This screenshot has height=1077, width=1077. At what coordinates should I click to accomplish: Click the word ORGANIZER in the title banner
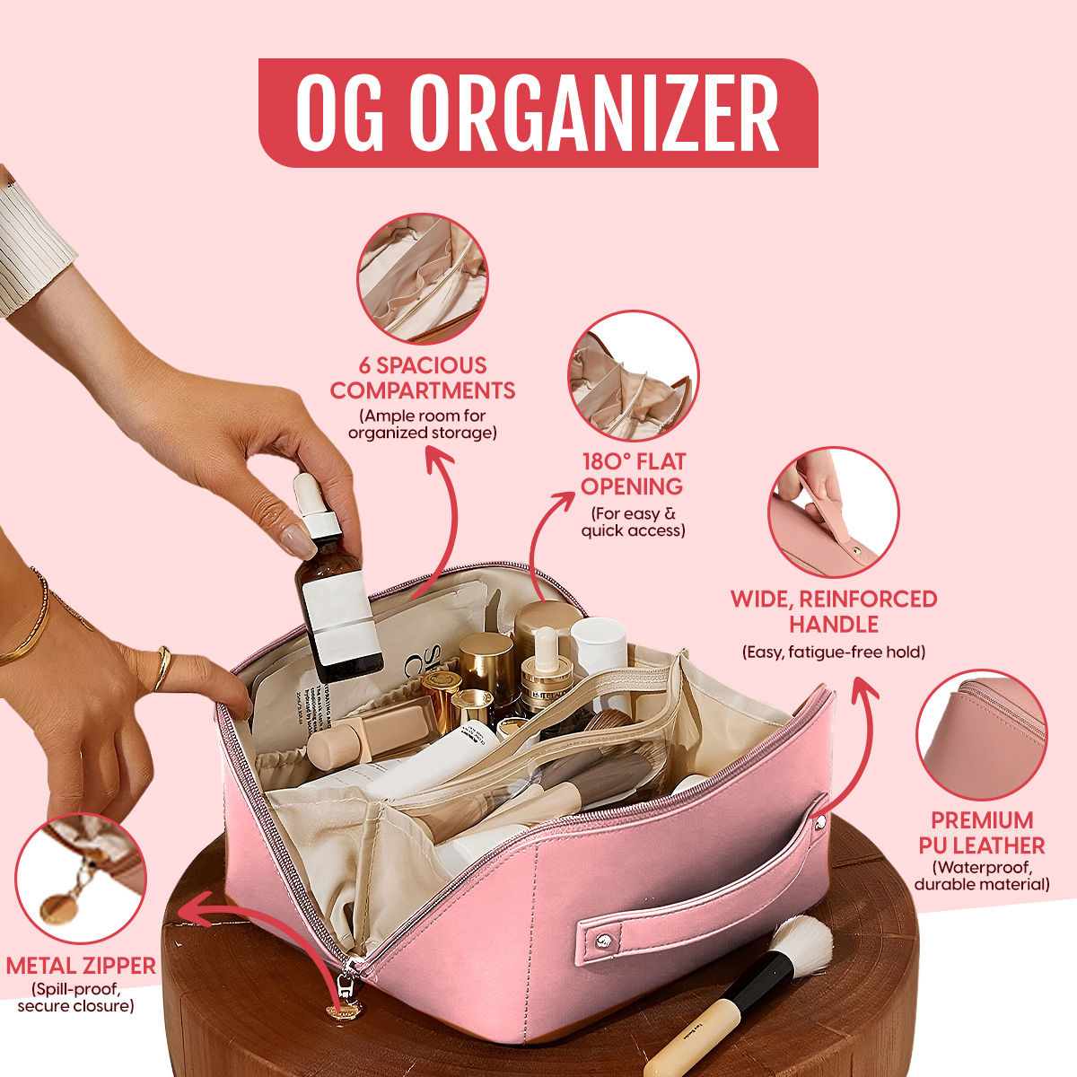pos(597,113)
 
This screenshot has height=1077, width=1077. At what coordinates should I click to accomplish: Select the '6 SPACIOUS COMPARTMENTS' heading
pos(422,378)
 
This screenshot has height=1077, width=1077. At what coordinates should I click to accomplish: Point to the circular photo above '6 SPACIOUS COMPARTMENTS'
pos(423,277)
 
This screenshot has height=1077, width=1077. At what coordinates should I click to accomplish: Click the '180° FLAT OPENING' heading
pos(633,474)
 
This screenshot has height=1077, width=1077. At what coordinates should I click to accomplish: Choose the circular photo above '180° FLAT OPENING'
pos(634,376)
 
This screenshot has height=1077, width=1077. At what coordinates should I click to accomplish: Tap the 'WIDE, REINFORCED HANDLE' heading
pos(833,611)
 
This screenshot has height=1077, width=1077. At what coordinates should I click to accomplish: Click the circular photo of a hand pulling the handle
pos(833,512)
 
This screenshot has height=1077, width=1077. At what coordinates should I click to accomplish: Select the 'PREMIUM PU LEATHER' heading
pos(982,833)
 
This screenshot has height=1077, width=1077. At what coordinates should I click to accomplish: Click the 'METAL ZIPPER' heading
pos(81,966)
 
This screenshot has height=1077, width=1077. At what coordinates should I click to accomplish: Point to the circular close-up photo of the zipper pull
pos(81,879)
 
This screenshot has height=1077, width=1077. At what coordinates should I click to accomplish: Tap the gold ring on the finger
pos(162,667)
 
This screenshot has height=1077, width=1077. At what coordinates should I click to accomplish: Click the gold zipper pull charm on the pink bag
pos(343,1011)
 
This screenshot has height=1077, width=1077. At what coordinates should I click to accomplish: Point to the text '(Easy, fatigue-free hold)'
pos(833,652)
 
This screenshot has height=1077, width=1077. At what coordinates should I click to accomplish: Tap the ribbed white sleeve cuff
pos(31,246)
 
